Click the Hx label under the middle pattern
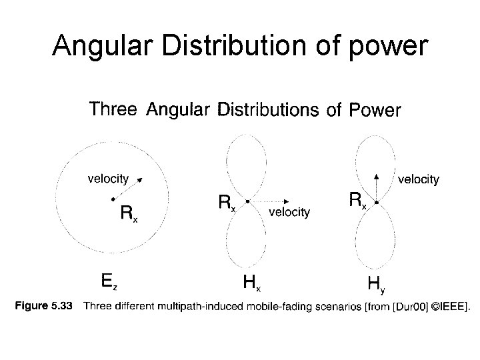point(251,283)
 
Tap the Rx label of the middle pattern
point(227,202)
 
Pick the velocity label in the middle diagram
point(289,212)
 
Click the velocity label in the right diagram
point(418,179)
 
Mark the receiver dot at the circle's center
point(112,198)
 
